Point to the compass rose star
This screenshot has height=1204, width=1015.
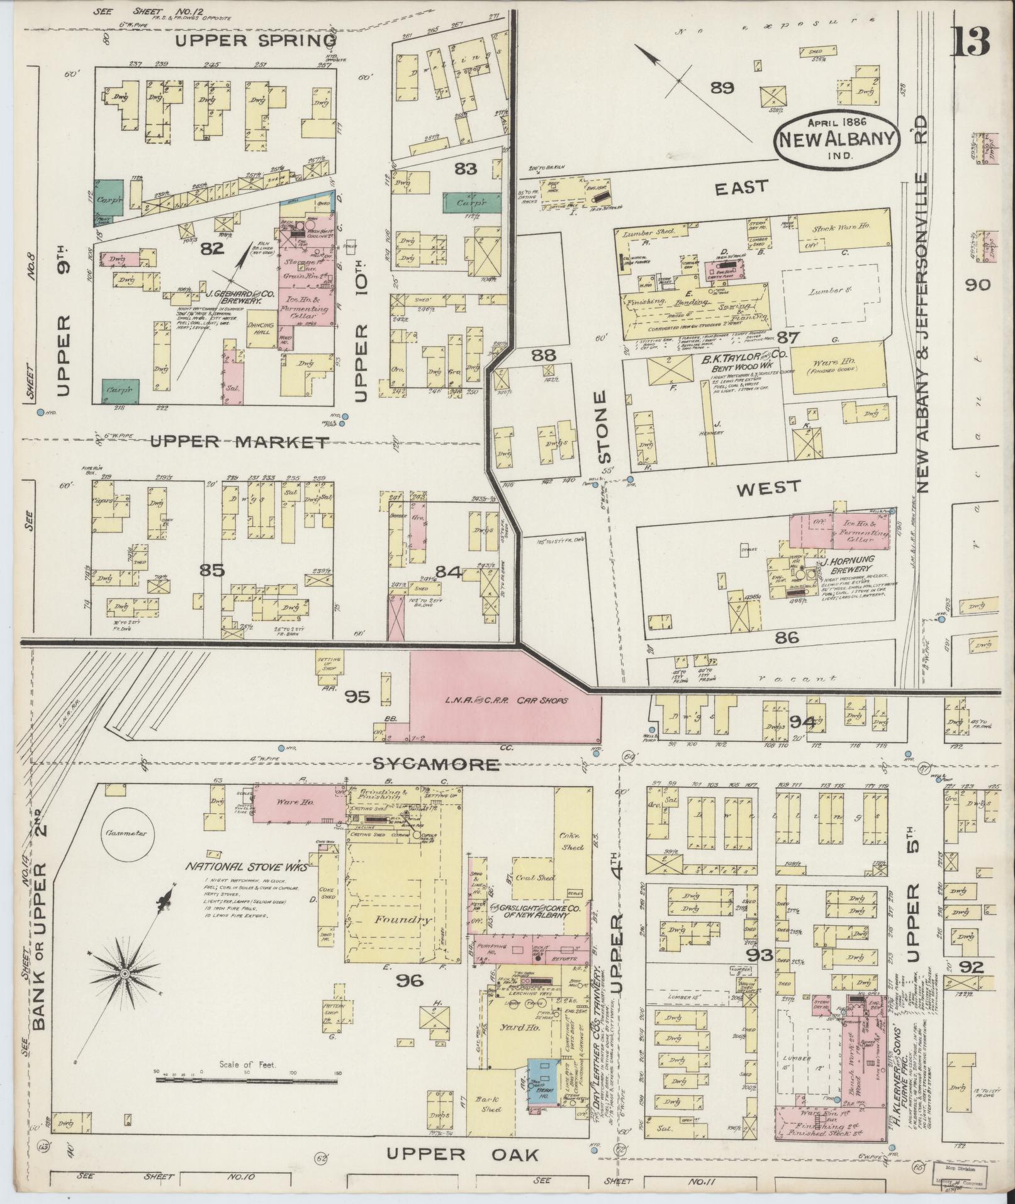click(125, 991)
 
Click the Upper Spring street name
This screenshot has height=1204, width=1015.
click(255, 42)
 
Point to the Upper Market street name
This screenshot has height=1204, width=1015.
click(239, 443)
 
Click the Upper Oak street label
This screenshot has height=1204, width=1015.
click(463, 1154)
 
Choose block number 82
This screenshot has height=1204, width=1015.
click(213, 249)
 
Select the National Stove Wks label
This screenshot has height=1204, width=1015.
click(247, 867)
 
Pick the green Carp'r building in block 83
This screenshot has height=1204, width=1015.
click(472, 203)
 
